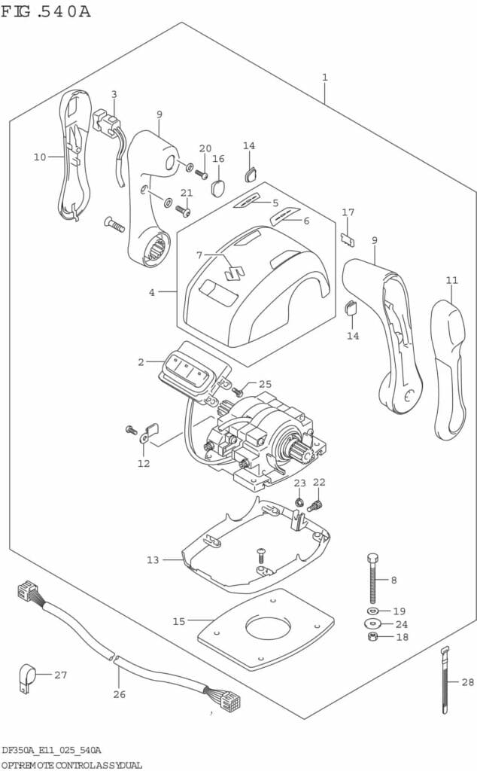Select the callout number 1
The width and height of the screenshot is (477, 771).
click(x=324, y=78)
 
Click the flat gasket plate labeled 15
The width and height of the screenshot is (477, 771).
click(x=265, y=628)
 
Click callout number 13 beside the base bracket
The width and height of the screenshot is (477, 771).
click(x=153, y=559)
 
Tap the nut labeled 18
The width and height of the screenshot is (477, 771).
click(x=372, y=638)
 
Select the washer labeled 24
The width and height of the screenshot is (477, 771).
click(x=372, y=623)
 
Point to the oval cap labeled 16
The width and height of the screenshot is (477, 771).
click(x=219, y=185)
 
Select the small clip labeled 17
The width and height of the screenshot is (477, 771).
click(x=348, y=239)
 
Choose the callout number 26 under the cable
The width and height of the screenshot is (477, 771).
click(x=119, y=694)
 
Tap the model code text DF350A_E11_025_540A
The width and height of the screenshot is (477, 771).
click(x=51, y=750)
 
